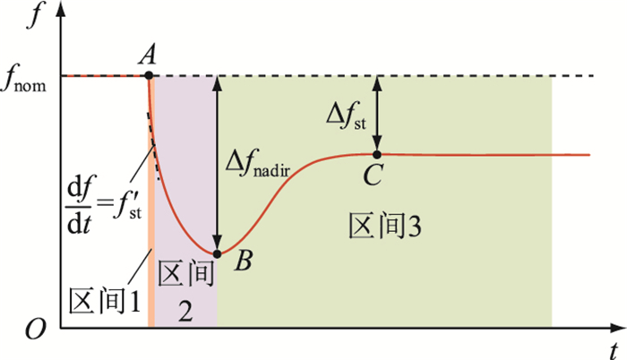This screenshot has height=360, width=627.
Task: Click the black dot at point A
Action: (149, 75)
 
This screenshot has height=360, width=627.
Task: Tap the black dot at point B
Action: (217, 253)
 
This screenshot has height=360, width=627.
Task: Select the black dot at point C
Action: (377, 155)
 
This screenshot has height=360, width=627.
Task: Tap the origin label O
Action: (35, 330)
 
